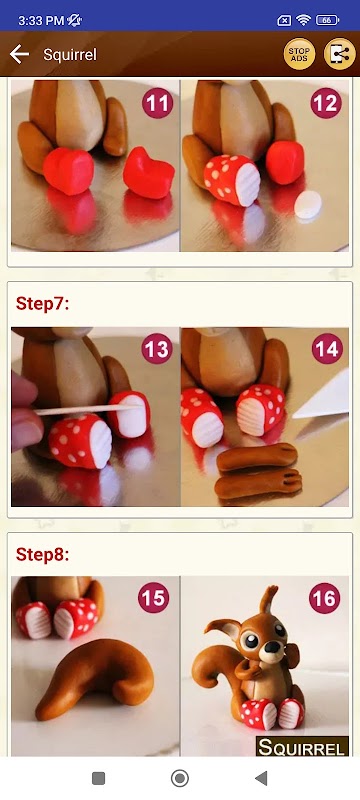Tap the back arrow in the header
[x=19, y=54]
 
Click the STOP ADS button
[x=299, y=54]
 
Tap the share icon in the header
[x=340, y=54]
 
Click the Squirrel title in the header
[x=70, y=55]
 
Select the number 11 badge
[x=158, y=103]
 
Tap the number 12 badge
[x=326, y=103]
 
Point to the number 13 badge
[x=158, y=349]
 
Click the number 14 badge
[x=326, y=349]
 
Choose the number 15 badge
[x=153, y=598]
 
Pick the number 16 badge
[x=324, y=598]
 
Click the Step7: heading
[x=42, y=304]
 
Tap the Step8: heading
[x=42, y=554]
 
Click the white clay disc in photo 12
[x=308, y=205]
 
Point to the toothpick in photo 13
[x=87, y=410]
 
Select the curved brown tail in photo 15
[x=97, y=674]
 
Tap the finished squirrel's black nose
[x=273, y=646]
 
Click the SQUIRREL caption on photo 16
[x=302, y=747]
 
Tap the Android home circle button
[x=179, y=778]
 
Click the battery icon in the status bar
[x=327, y=20]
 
